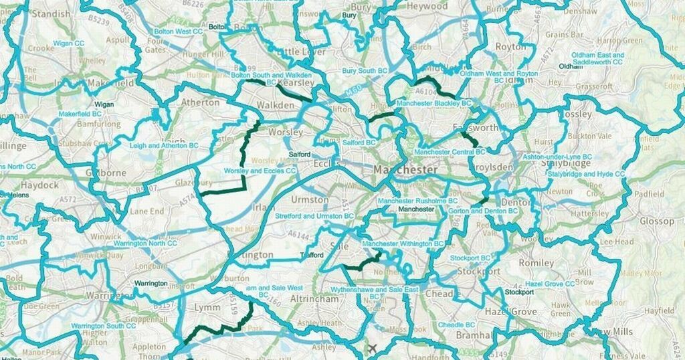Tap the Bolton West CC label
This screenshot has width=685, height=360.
[x=179, y=31]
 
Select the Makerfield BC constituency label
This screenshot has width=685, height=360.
[x=80, y=114]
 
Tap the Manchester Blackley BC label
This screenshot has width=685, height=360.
[x=433, y=104]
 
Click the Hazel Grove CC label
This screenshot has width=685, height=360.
[x=550, y=284]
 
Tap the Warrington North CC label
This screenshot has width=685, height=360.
[x=138, y=242]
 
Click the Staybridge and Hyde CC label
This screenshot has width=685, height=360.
[x=585, y=174]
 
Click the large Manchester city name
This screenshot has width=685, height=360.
[x=406, y=169]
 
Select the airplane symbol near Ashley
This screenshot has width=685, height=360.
[x=372, y=348]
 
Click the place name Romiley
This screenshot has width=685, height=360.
[x=536, y=263]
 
